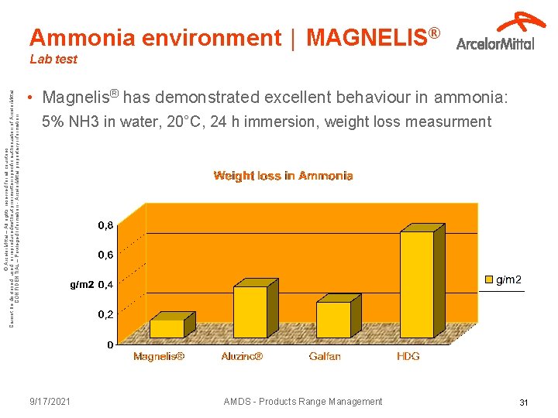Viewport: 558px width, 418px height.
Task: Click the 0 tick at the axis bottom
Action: pyautogui.click(x=111, y=344)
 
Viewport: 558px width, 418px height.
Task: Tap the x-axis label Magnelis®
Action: pyautogui.click(x=159, y=357)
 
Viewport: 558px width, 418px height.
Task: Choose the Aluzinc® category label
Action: pyautogui.click(x=242, y=357)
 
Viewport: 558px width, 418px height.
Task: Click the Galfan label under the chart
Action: pyautogui.click(x=325, y=357)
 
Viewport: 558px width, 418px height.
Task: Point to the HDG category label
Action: pyautogui.click(x=408, y=357)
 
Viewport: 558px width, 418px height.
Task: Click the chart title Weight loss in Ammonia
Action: pyautogui.click(x=283, y=176)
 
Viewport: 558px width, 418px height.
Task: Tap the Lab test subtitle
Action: pyautogui.click(x=53, y=59)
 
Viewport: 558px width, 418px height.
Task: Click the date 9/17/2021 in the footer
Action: pyautogui.click(x=50, y=402)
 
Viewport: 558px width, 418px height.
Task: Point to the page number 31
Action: pyautogui.click(x=523, y=403)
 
